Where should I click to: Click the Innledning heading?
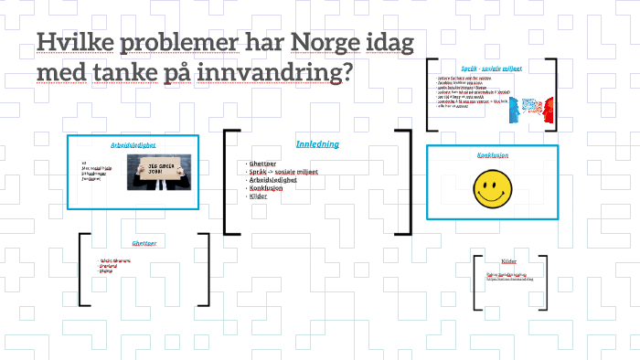(x=317, y=144)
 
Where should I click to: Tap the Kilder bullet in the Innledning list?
(x=258, y=196)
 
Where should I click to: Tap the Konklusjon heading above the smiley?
(x=492, y=156)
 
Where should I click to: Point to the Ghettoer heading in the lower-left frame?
(x=144, y=244)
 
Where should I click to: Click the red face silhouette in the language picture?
(x=545, y=111)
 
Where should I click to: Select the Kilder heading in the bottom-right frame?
(x=508, y=262)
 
